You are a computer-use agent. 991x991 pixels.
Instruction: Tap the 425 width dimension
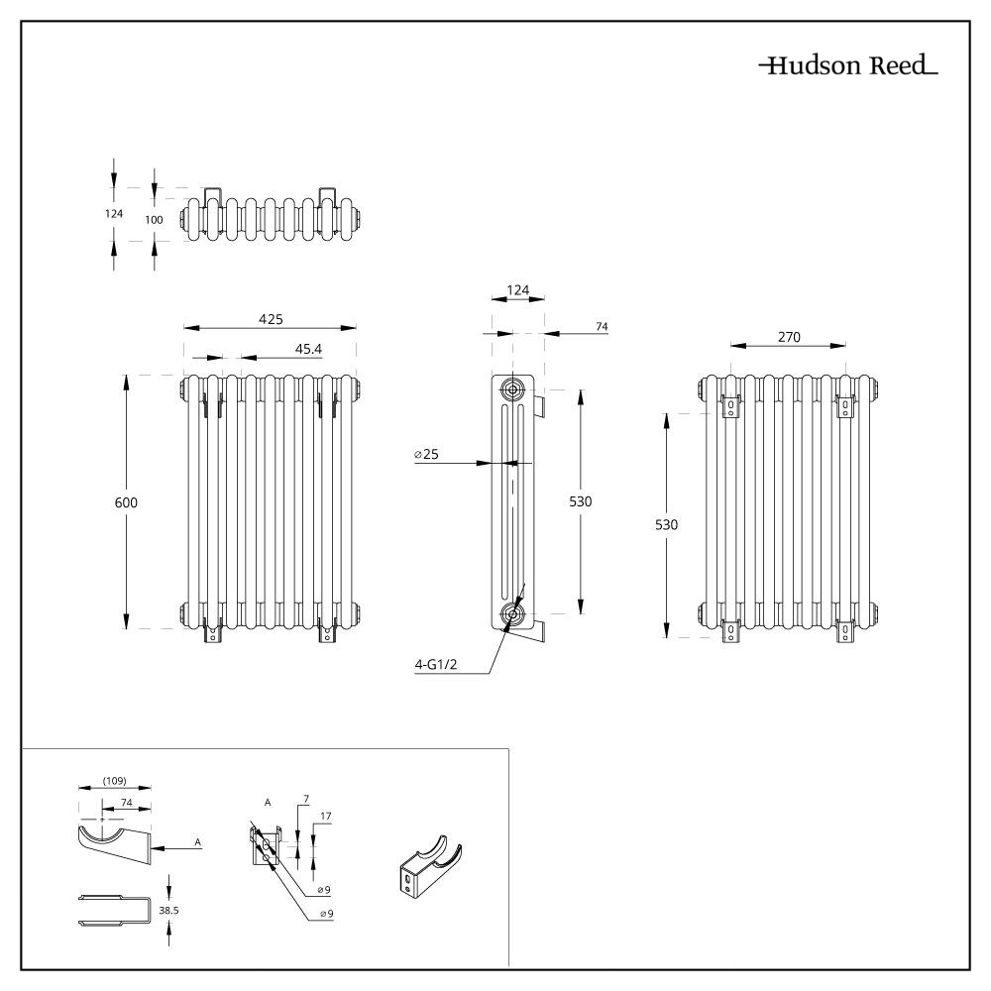point(271,319)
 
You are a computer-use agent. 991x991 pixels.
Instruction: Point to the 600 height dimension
point(126,502)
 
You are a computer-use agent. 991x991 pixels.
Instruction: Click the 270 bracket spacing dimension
point(788,337)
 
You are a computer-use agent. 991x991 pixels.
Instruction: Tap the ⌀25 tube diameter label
point(427,454)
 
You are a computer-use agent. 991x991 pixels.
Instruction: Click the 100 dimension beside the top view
point(154,219)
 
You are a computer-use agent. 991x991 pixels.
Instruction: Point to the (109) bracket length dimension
point(115,781)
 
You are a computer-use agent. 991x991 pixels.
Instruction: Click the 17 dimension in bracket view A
point(326,818)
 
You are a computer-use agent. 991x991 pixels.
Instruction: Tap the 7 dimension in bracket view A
point(306,799)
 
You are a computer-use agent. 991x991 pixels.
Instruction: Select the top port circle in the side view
point(514,387)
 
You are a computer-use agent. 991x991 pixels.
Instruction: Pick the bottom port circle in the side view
point(512,614)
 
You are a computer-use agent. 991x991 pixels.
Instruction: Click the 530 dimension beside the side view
point(580,502)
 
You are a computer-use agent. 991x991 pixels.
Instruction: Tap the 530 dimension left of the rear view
point(667,524)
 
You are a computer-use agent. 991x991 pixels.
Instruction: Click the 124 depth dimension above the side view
point(517,290)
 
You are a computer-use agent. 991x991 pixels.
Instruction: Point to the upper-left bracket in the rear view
point(731,407)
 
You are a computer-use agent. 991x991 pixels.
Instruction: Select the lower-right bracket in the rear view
point(846,630)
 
